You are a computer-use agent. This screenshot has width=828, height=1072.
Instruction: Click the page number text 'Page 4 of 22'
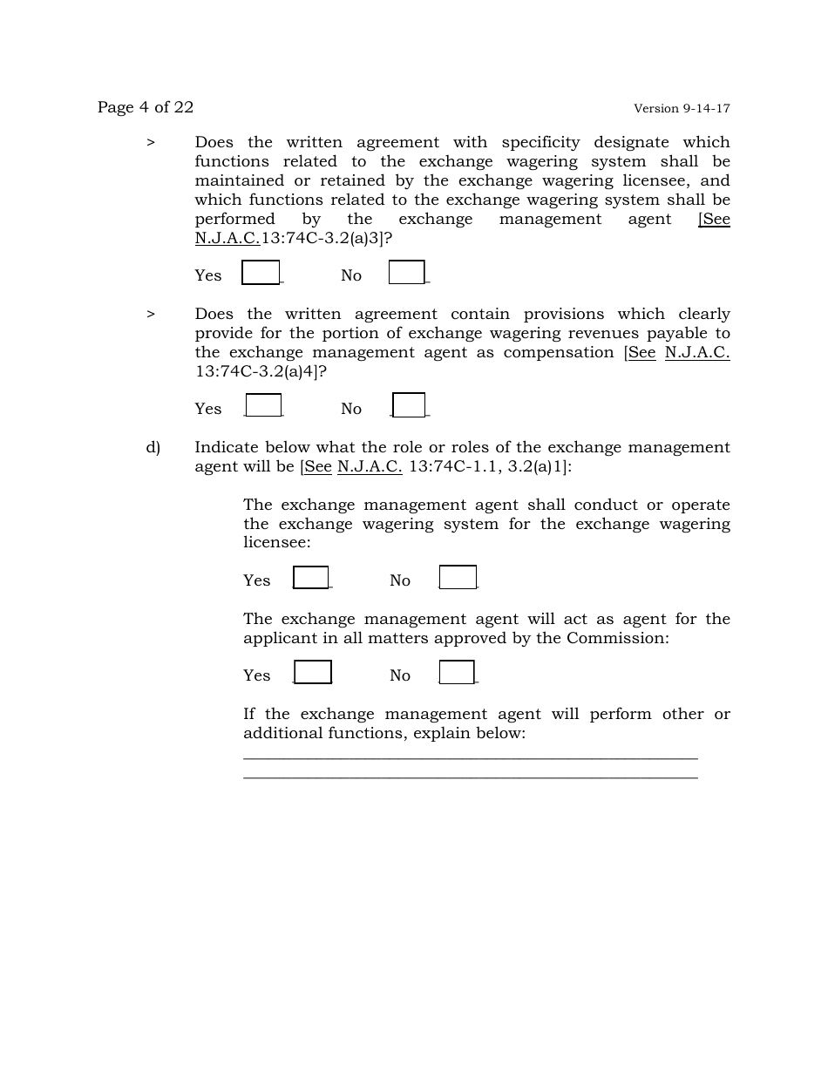[146, 107]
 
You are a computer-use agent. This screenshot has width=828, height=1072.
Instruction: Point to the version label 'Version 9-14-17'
[682, 109]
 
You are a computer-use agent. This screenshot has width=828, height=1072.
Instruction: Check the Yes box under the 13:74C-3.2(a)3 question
[261, 273]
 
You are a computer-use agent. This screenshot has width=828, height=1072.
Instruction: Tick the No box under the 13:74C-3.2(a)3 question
[406, 273]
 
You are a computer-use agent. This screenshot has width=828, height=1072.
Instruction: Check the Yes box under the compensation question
[263, 406]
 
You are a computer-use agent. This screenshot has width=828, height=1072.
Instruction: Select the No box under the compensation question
[409, 406]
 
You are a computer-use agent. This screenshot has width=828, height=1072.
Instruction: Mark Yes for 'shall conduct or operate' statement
[310, 578]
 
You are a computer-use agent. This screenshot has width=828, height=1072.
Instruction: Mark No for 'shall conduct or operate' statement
[458, 578]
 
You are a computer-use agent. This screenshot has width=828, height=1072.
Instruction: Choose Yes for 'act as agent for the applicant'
[313, 673]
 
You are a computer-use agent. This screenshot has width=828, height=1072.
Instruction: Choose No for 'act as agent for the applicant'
[457, 673]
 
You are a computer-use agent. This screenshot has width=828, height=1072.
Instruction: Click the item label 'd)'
[153, 448]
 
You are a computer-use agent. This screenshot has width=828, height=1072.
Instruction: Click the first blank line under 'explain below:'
[471, 758]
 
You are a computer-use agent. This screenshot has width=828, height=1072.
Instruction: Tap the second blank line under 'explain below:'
[471, 777]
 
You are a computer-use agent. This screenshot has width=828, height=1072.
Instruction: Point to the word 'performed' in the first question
[234, 220]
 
